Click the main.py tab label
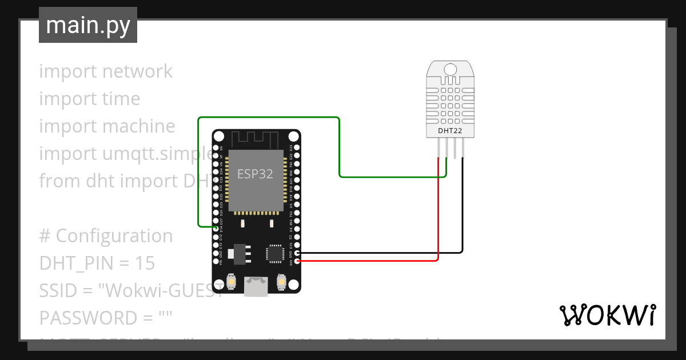(x=87, y=25)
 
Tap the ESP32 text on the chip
(x=255, y=174)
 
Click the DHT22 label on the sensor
(x=450, y=131)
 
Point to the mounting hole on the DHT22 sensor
(x=450, y=70)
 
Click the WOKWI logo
(x=607, y=315)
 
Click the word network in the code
(x=137, y=71)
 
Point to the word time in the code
(x=121, y=99)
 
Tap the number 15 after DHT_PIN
(x=146, y=263)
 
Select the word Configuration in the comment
(x=114, y=235)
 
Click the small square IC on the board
(x=274, y=253)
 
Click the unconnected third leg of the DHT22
(x=454, y=150)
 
